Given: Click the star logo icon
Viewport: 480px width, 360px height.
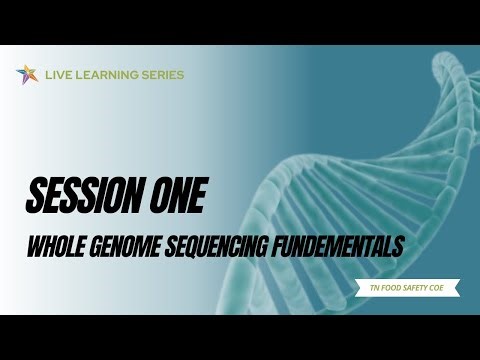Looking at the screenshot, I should click(26, 74).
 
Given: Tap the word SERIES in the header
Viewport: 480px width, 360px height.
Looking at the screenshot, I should click(164, 75).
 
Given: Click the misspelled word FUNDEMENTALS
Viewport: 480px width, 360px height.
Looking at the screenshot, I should click(334, 245).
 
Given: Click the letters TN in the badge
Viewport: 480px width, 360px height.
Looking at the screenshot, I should click(372, 288).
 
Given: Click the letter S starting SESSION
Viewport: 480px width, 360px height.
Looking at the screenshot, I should click(34, 196).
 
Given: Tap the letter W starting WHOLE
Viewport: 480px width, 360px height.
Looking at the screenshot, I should click(34, 245).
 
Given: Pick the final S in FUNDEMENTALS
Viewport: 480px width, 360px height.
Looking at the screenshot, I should click(398, 245).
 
